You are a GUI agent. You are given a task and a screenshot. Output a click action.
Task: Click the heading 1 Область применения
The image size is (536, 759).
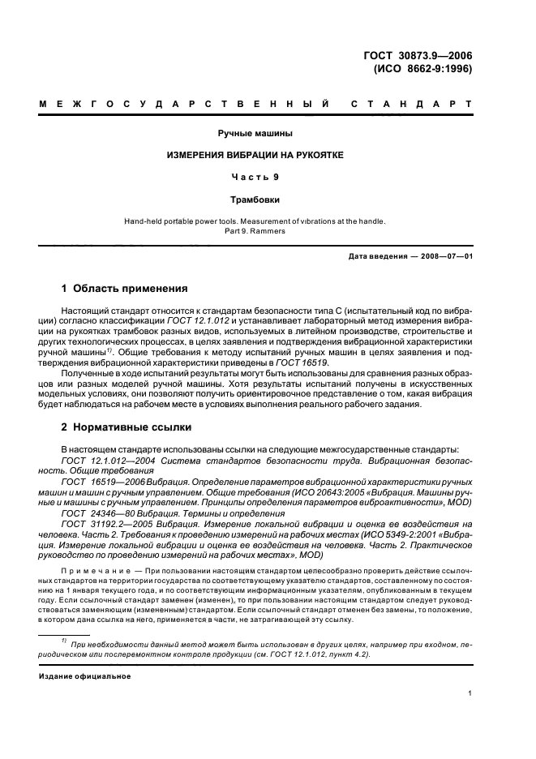click(x=125, y=288)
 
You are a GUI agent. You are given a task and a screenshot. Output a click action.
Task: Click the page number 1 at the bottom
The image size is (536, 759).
click(x=470, y=693)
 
